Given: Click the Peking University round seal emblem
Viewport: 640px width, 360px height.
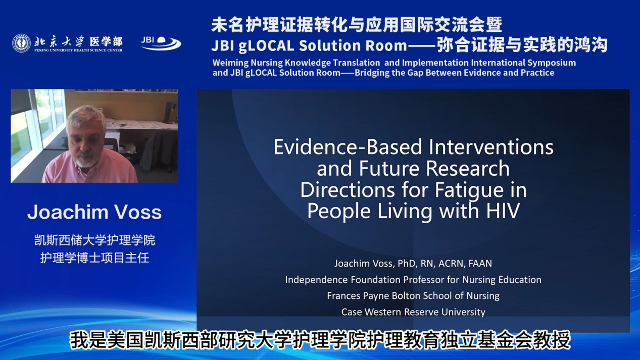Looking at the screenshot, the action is pos(21,43).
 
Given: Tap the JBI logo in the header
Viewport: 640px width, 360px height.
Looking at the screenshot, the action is pos(161,43).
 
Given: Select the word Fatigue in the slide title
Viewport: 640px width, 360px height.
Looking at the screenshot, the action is pos(468,190).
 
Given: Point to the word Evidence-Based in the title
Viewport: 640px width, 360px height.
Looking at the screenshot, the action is pos(348,147).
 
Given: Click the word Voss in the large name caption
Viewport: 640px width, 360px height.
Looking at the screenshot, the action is pos(138,212).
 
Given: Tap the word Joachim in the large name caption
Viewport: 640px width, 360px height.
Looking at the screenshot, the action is pos(68,212).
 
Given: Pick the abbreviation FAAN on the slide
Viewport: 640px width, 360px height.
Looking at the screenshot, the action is pos(480,264).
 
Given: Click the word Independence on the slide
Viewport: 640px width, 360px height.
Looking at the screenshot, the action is pos(316,280).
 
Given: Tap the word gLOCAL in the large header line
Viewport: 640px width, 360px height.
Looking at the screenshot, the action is pos(266,46).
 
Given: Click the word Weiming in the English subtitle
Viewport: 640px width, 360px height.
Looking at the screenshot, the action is pos(230,63).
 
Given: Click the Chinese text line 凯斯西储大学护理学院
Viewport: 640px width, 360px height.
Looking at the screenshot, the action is pos(94,240).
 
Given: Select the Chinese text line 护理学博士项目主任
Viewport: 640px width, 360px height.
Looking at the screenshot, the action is pos(94,258).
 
